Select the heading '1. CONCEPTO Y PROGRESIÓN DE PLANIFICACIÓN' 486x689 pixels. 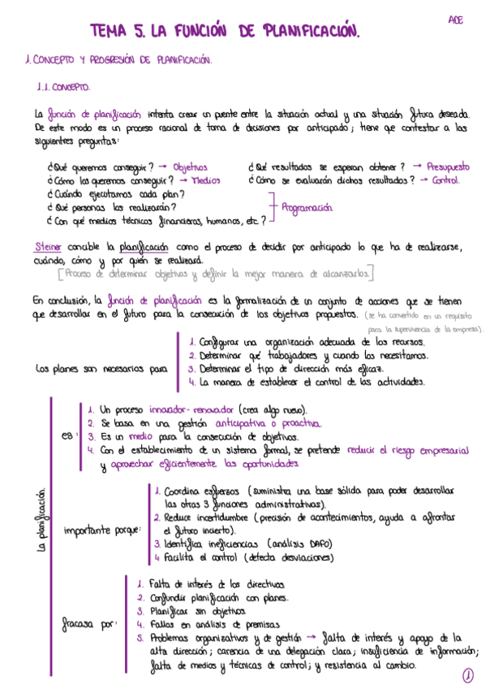[x=118, y=60]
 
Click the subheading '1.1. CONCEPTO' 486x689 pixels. [x=64, y=85]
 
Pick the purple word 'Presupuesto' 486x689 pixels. [x=447, y=167]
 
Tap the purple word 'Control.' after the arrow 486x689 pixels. [x=445, y=180]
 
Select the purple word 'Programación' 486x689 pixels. [x=307, y=207]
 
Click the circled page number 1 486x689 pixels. [x=468, y=674]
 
